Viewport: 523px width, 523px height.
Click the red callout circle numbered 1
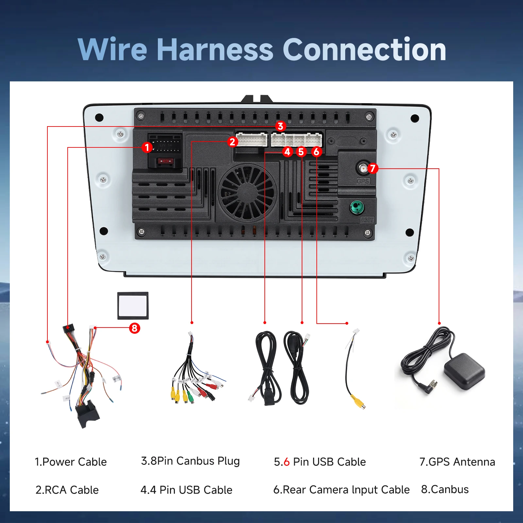(147, 147)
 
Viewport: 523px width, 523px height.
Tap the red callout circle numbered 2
(232, 142)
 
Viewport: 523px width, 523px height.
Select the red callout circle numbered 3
(280, 126)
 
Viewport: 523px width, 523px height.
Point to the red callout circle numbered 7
(373, 168)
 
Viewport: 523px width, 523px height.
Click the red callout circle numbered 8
(134, 328)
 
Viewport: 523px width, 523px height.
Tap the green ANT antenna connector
(357, 207)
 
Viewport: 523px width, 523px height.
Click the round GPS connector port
(363, 168)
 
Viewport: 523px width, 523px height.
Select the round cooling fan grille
(247, 192)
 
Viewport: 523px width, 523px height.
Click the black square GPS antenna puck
(464, 371)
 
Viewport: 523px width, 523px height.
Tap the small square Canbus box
(133, 306)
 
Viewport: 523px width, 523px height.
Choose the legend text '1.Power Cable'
(71, 462)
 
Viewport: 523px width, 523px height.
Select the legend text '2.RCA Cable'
(67, 490)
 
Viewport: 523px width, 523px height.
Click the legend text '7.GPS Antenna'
(457, 462)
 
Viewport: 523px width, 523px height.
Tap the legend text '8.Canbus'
(445, 489)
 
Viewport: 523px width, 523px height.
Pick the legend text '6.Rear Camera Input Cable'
(341, 490)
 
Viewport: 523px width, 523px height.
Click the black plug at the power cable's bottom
(87, 414)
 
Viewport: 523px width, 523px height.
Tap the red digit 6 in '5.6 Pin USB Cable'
(287, 462)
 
